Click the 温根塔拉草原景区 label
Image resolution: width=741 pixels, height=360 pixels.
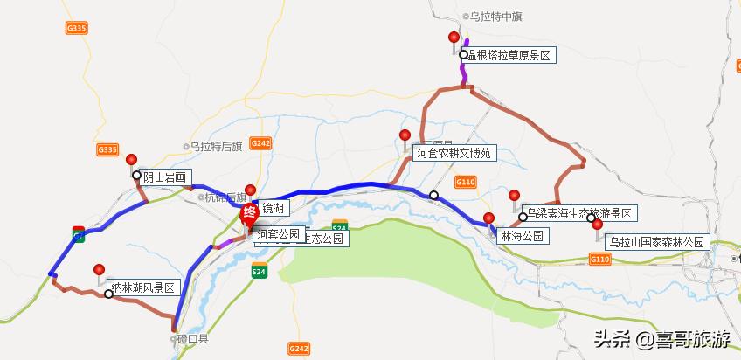(511, 55)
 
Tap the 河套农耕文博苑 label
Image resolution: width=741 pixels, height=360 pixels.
(454, 153)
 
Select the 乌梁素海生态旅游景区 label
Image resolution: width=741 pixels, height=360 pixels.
(580, 213)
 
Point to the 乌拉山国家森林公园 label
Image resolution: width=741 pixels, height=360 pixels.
(657, 241)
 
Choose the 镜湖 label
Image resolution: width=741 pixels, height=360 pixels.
(273, 208)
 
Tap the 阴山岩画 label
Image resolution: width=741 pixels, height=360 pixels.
(165, 177)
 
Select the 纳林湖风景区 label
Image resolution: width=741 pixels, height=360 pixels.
(143, 287)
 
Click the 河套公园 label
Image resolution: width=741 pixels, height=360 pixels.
(279, 234)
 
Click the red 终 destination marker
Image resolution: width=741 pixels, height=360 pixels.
(248, 212)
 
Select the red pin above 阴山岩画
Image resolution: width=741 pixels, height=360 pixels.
(132, 160)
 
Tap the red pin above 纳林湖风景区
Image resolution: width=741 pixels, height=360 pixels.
(100, 270)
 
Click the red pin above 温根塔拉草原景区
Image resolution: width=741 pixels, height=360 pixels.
(454, 38)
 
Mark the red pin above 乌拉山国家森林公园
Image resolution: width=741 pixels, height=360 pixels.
(598, 225)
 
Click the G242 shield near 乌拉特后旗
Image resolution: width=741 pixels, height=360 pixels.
(260, 142)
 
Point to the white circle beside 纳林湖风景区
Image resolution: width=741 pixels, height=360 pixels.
(108, 294)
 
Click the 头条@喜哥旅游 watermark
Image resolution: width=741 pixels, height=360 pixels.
(662, 337)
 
